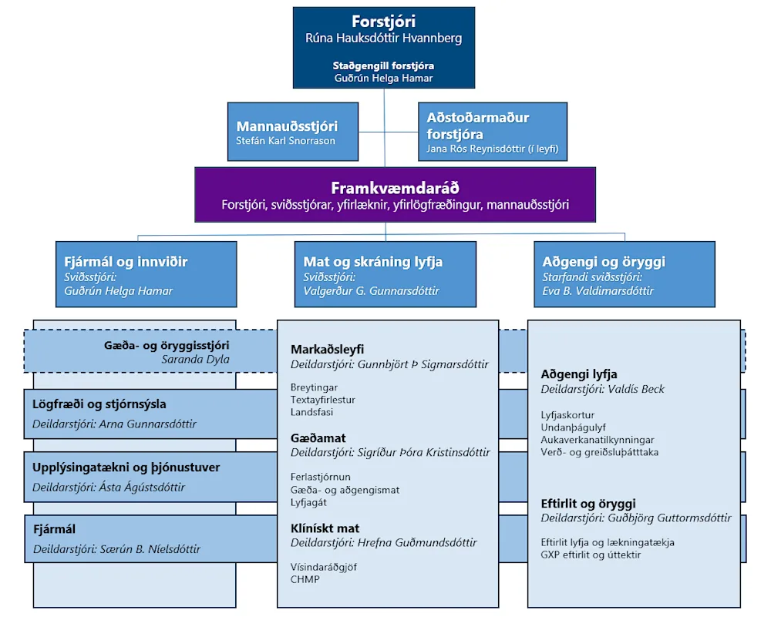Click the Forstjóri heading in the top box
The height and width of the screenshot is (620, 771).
point(383,22)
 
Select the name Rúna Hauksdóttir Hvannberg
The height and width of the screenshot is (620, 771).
point(383,39)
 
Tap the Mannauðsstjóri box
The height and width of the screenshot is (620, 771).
point(292,132)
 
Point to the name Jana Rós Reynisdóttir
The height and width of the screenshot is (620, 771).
point(476,149)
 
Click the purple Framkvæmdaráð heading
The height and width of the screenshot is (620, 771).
point(395,188)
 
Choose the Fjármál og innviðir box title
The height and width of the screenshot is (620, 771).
point(126,262)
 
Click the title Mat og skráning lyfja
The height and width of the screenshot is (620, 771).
point(372,262)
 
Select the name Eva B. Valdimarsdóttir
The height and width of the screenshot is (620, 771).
point(598,291)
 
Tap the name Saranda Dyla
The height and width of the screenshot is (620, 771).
point(195,359)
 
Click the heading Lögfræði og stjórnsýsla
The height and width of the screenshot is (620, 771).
point(99,404)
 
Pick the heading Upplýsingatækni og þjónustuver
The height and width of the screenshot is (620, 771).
point(126,468)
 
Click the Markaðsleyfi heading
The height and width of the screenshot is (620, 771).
point(327,350)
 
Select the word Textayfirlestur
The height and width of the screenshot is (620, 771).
point(322,400)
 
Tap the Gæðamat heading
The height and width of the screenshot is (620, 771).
point(318,438)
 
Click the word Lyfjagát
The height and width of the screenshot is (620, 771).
point(308,503)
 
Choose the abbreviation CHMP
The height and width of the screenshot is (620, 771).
point(305,580)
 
